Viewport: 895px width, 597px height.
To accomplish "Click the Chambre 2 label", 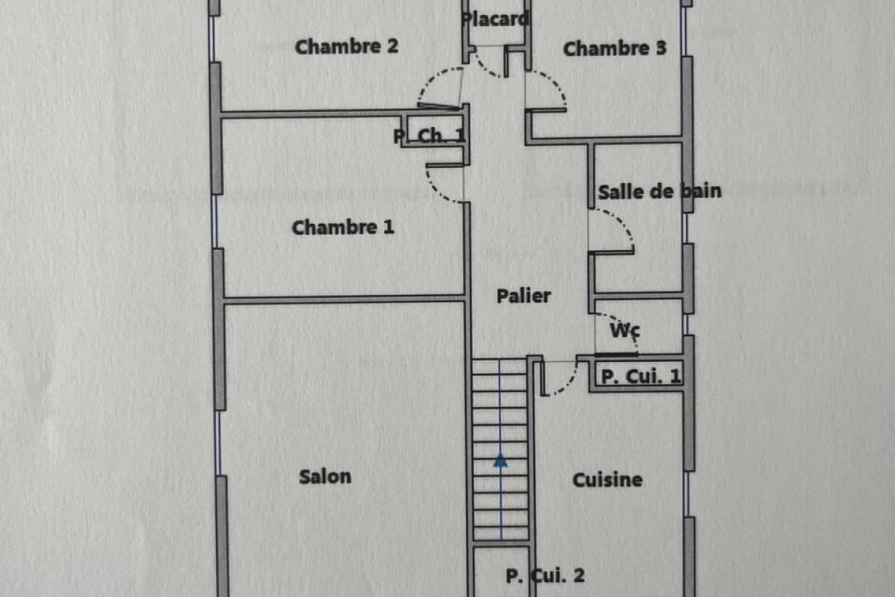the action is pos(346,46).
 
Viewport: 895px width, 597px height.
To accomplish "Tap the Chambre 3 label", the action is pos(615,49).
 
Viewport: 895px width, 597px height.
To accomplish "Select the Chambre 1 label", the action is pos(343,228).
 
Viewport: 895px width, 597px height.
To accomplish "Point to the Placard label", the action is pos(495,19).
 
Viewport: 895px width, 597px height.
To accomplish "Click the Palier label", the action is pos(524,296).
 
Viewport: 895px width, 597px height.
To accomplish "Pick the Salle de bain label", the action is pos(659,192).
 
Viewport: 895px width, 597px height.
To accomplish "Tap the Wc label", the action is pos(625,331).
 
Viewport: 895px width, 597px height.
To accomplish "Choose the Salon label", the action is pos(325,477).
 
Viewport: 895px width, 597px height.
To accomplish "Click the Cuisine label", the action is pos(607,480).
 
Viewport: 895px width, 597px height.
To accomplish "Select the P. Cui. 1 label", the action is pos(641,377).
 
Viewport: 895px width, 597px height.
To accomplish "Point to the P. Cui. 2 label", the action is pos(545,576).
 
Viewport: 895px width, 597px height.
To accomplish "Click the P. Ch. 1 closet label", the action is pos(430,137).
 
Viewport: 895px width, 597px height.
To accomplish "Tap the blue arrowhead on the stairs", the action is pos(500,460).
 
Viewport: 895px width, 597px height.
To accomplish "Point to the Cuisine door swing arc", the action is pos(568,386).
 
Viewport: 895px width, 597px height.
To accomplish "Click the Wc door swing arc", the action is pos(627,326).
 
